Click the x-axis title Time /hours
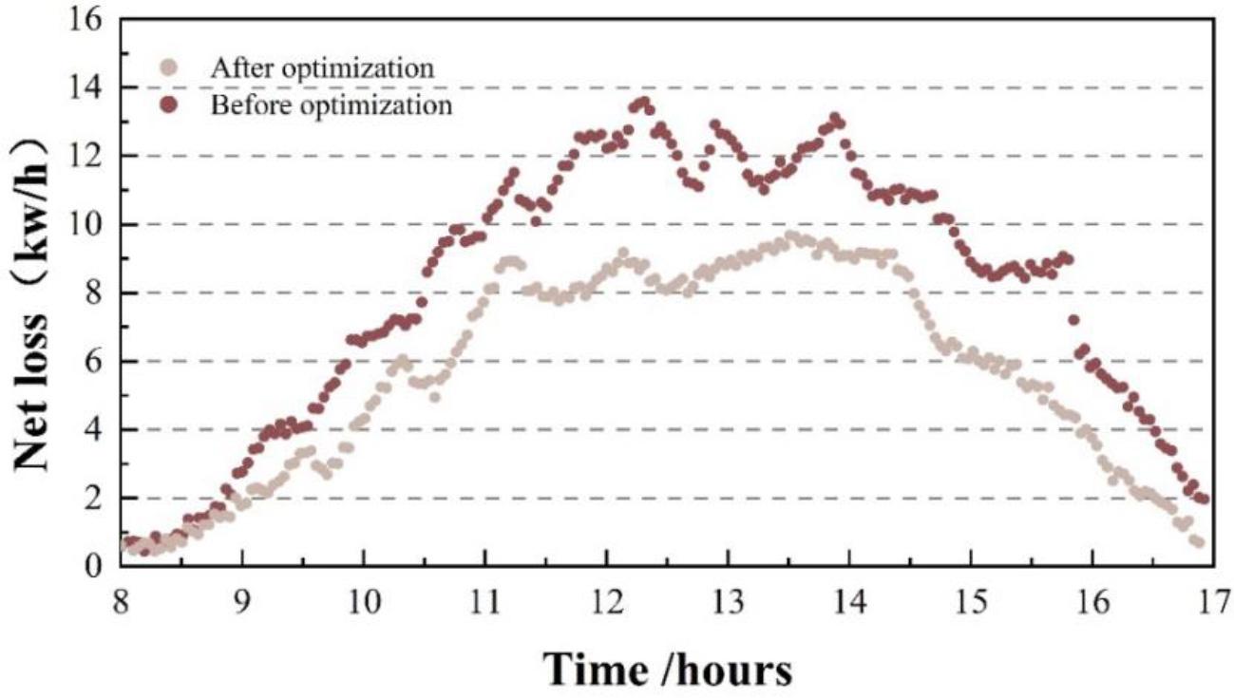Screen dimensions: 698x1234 coord(667,669)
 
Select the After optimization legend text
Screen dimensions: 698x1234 coord(323,68)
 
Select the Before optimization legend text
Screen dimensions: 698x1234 coord(331,104)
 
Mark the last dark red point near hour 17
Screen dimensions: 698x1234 coord(1204,499)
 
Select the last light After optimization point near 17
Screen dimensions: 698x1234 coord(1199,542)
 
